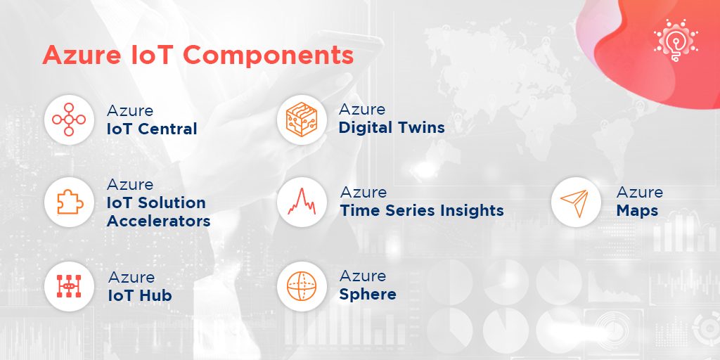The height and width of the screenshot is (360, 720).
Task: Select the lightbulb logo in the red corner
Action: [676, 40]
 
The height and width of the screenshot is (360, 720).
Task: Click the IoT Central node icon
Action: [69, 120]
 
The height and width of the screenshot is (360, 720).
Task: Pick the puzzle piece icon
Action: [70, 202]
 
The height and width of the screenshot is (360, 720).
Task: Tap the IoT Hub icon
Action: [69, 286]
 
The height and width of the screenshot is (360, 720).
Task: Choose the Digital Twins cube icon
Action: [302, 120]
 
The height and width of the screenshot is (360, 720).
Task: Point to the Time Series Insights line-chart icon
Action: [302, 202]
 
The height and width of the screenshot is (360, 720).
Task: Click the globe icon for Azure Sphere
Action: [302, 286]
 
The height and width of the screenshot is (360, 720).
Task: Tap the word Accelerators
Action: [159, 221]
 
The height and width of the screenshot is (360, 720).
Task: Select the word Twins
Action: [421, 127]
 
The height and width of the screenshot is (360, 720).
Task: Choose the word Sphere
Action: [368, 294]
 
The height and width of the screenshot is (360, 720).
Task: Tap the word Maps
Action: [637, 211]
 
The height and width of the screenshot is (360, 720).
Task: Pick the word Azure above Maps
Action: [640, 192]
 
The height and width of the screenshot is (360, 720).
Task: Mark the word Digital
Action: [365, 128]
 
